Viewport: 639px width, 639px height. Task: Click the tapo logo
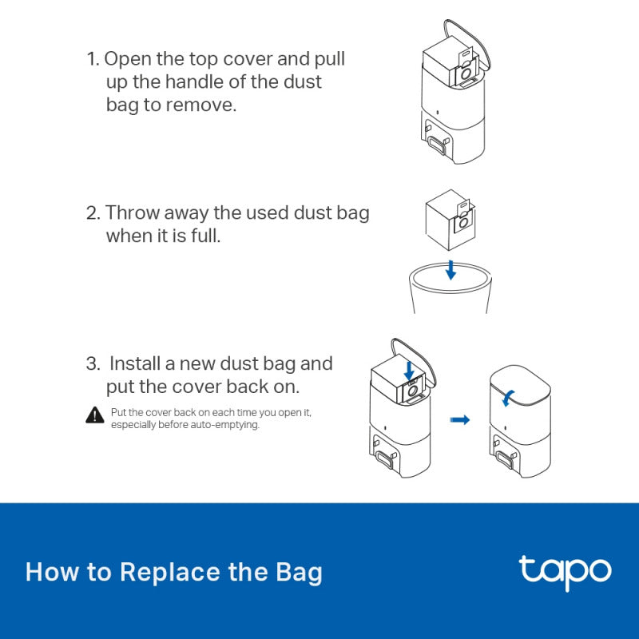(x=565, y=571)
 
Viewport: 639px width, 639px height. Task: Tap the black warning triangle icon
(x=95, y=415)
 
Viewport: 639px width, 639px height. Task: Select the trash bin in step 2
(x=450, y=292)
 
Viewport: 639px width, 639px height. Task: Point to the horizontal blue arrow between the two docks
(x=460, y=419)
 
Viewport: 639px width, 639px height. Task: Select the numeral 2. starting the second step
(x=93, y=213)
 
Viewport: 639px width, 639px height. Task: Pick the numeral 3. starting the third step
(x=93, y=364)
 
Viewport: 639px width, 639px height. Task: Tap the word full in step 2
(x=202, y=236)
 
